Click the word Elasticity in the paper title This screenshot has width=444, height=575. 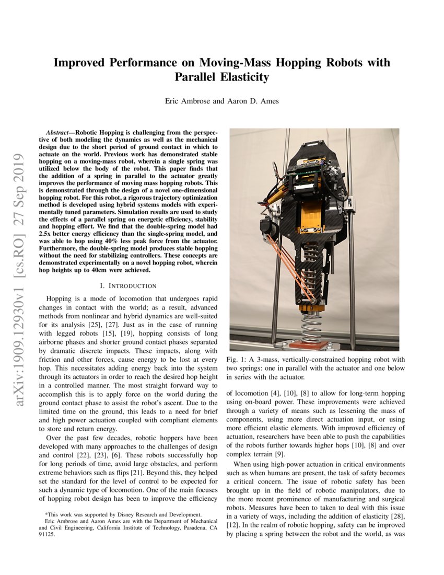[244, 77]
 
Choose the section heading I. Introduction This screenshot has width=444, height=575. [128, 285]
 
